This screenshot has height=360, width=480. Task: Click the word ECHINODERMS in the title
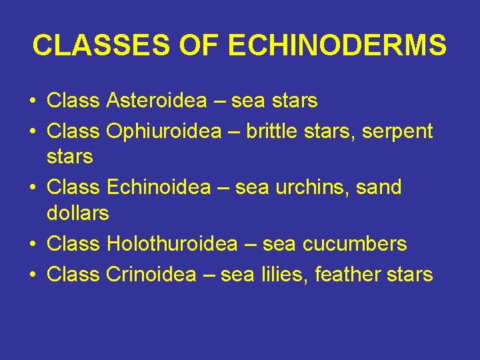pyautogui.click(x=337, y=46)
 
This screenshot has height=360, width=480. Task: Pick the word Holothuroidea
pyautogui.click(x=171, y=244)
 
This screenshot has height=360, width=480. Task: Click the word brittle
pyautogui.click(x=271, y=131)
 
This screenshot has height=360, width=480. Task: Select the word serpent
pyautogui.click(x=397, y=132)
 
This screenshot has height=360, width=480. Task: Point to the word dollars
pyautogui.click(x=77, y=214)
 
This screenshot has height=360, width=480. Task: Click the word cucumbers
pyautogui.click(x=354, y=244)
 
